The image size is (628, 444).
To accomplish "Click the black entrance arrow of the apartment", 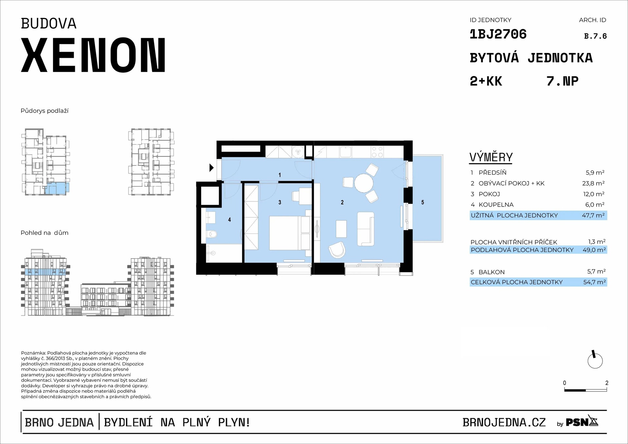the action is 211,168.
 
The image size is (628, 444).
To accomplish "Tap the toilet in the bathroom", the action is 212,234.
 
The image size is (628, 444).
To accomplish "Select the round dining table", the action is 364,183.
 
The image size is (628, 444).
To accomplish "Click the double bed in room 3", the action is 290,233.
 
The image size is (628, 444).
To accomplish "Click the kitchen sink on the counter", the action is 345,152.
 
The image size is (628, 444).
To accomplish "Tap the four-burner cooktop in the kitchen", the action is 377,152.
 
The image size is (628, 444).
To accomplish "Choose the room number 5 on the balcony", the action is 423,202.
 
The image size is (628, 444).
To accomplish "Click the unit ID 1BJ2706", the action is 498,34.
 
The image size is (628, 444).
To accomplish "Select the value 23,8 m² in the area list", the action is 593,183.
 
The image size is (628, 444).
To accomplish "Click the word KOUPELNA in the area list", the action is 496,205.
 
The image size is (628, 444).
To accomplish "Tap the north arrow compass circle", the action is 595,361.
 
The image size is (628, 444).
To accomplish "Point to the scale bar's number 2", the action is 607,383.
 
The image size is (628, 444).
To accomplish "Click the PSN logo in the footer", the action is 582,422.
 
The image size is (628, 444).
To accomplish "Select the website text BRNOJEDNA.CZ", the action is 504,422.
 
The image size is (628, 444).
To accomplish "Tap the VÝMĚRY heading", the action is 491,157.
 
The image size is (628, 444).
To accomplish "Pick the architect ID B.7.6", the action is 595,36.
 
